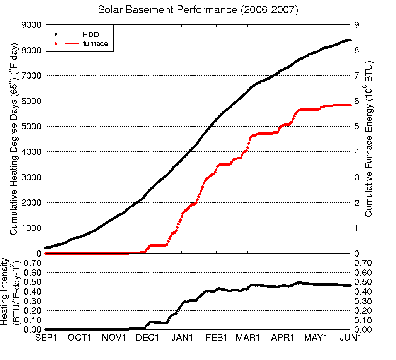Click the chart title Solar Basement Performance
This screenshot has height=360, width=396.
[198, 10]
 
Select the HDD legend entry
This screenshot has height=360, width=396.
[91, 35]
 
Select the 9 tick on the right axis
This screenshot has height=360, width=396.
[357, 25]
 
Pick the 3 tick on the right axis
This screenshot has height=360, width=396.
[357, 177]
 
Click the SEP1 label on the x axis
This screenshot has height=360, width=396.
[46, 338]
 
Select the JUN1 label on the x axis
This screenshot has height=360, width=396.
[350, 338]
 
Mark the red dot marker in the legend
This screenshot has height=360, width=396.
[56, 44]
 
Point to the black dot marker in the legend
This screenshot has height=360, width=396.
[56, 35]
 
